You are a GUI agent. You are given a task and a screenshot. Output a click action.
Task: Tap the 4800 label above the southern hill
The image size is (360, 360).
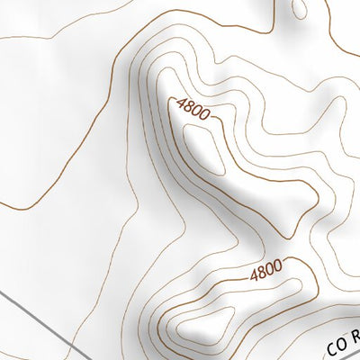pos(265,267)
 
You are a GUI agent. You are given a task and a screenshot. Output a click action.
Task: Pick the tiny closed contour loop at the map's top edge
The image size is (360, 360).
pos(300,9)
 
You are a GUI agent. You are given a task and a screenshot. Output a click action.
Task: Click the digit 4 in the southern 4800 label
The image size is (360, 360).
pos(252,271)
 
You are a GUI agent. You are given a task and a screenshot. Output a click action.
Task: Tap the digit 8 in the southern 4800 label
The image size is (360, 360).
pos(261,268)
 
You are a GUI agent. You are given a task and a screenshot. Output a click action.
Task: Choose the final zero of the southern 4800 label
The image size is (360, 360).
pos(278,264)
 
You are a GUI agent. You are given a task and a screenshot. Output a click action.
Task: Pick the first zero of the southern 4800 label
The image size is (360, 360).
pos(270,266)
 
